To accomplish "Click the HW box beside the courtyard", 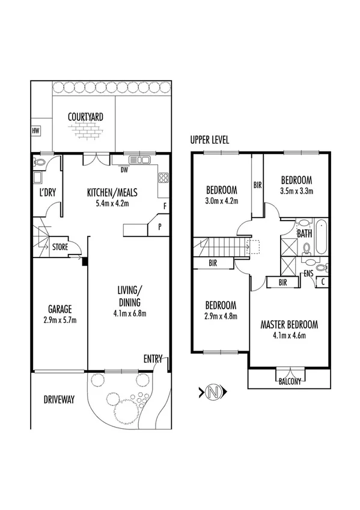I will pos(36,130).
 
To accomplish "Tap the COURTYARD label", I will pos(84,117).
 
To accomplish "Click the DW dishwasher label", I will pos(124,170).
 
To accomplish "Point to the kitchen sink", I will pos(141,160).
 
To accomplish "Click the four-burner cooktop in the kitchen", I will pos(162,177).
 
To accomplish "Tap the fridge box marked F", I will pos(164,206).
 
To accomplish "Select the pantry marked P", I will pos(160,227).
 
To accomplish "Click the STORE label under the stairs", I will pos(60,247).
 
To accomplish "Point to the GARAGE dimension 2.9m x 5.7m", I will pos(59,319).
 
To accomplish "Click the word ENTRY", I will pos(153,359).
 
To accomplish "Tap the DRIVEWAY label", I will pos(59,399).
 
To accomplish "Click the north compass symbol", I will pos(212,393).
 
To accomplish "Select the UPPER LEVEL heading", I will pos(209,140).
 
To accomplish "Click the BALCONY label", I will pos(290,380).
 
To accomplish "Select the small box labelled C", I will pos(323,281).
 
